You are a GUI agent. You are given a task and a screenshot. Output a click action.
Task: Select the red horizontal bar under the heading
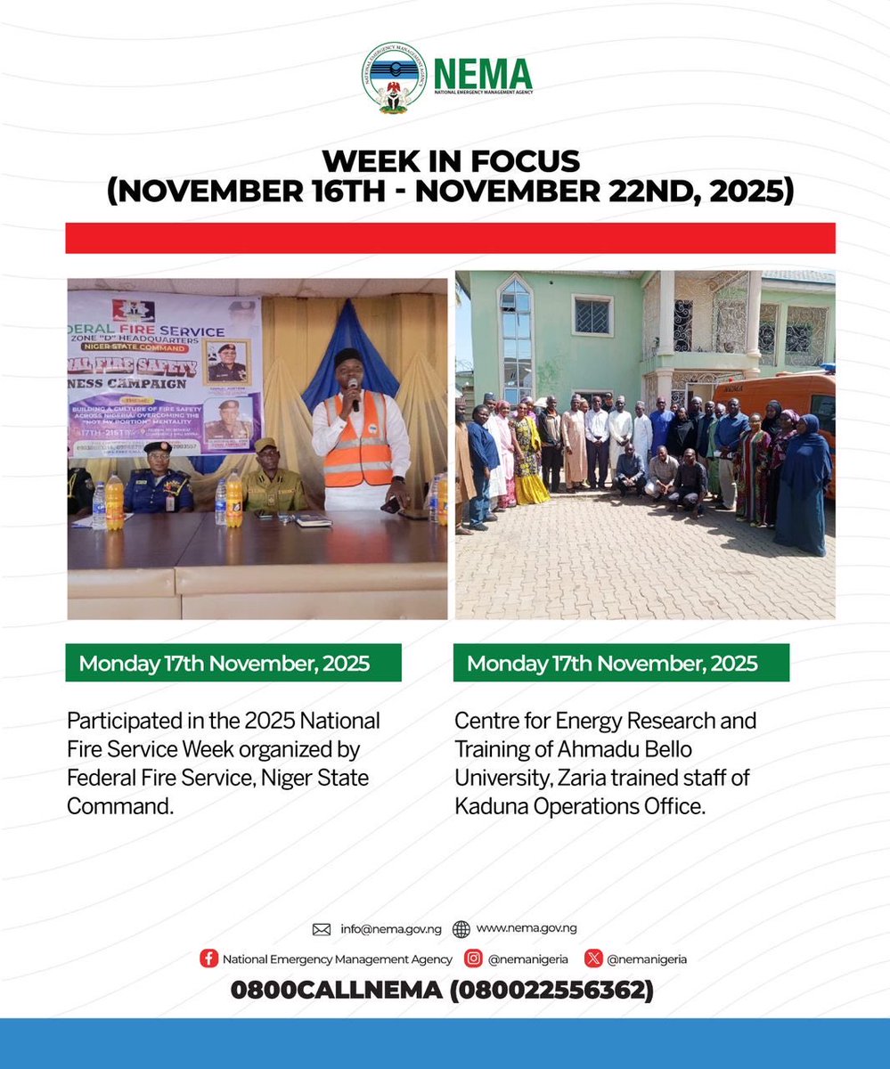[x=450, y=238]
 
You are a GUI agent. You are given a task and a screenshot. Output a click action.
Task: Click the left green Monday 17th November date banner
[x=234, y=663]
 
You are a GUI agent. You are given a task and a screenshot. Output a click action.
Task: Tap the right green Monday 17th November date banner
[x=621, y=663]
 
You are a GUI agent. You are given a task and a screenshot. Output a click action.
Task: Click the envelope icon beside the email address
[x=322, y=929]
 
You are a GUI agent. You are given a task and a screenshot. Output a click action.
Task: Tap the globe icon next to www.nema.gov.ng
[x=461, y=929]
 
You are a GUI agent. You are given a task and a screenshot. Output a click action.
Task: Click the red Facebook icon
[x=208, y=959]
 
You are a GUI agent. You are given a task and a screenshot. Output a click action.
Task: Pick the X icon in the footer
[x=593, y=959]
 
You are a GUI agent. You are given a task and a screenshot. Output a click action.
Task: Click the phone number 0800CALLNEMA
[x=336, y=990]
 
